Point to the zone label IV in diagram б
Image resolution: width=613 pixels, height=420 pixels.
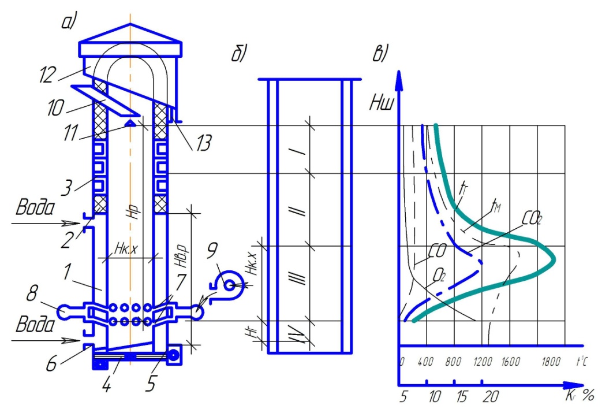297,335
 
